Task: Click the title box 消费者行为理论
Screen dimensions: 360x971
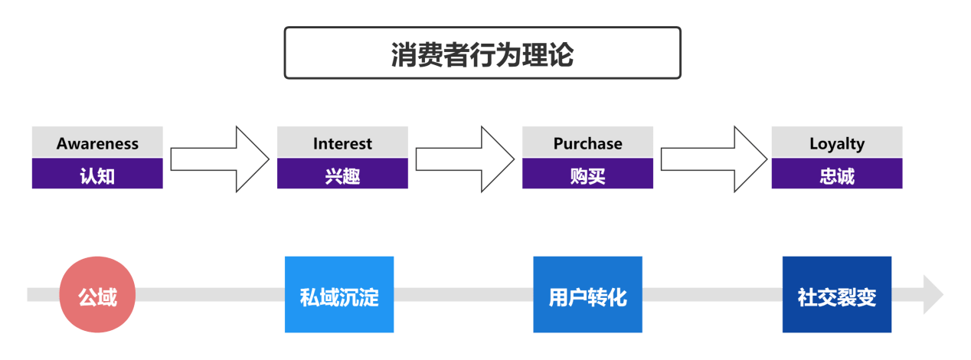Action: tap(482, 53)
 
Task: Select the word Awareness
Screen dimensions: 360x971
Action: tap(97, 143)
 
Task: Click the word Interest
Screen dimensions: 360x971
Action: tap(342, 143)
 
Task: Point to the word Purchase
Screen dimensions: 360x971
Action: tap(587, 143)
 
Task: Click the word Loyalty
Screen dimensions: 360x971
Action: tap(836, 143)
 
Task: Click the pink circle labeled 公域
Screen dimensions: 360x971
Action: tap(97, 295)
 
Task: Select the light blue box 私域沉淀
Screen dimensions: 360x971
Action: tap(339, 295)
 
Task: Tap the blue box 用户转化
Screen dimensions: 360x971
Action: tap(587, 295)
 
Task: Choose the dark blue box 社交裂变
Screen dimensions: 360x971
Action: tap(836, 295)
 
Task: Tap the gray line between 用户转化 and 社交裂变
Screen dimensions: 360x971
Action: tap(712, 295)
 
